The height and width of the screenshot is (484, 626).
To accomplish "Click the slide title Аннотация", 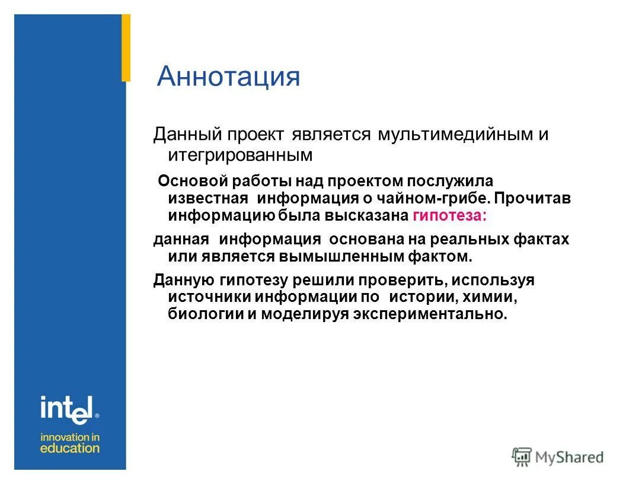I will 228,77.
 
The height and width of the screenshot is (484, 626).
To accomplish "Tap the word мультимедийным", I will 454,135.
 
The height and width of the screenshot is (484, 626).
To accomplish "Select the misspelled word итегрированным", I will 239,155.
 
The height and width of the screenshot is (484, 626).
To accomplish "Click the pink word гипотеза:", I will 449,216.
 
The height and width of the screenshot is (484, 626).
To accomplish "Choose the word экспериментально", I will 430,314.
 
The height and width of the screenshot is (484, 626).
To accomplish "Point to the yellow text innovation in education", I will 70,442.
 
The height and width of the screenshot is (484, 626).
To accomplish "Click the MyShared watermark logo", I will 558,457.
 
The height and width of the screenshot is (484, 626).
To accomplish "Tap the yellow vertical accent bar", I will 126,47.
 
